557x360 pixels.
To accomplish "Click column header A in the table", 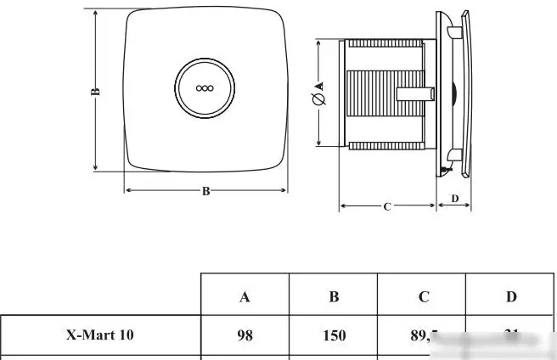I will tap(245, 296).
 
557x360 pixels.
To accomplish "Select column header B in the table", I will tap(335, 296).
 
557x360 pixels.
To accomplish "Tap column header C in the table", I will tap(424, 296).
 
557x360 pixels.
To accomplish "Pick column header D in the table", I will tap(511, 296).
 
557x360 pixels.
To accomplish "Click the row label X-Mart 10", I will tap(99, 335).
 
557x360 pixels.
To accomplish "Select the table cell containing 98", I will tap(245, 335).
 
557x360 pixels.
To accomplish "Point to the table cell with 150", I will tap(335, 335).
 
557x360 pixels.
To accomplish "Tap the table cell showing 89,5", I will tap(422, 335).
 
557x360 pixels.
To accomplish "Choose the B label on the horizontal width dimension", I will tap(205, 191).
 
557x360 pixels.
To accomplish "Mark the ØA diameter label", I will tap(319, 93).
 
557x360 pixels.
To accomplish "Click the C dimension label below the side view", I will tap(387, 206).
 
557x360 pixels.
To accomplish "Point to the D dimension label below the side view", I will tap(454, 199).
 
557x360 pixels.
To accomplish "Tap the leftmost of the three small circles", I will tap(199, 87).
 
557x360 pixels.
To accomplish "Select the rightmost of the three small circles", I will tap(211, 87).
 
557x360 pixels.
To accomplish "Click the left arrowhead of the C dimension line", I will tap(342, 206).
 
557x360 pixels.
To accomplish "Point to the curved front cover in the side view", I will tap(462, 93).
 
